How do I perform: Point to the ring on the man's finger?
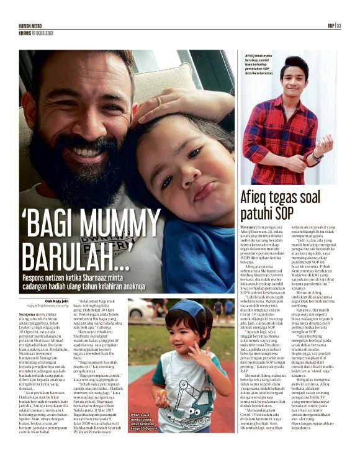pos(159,101)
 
